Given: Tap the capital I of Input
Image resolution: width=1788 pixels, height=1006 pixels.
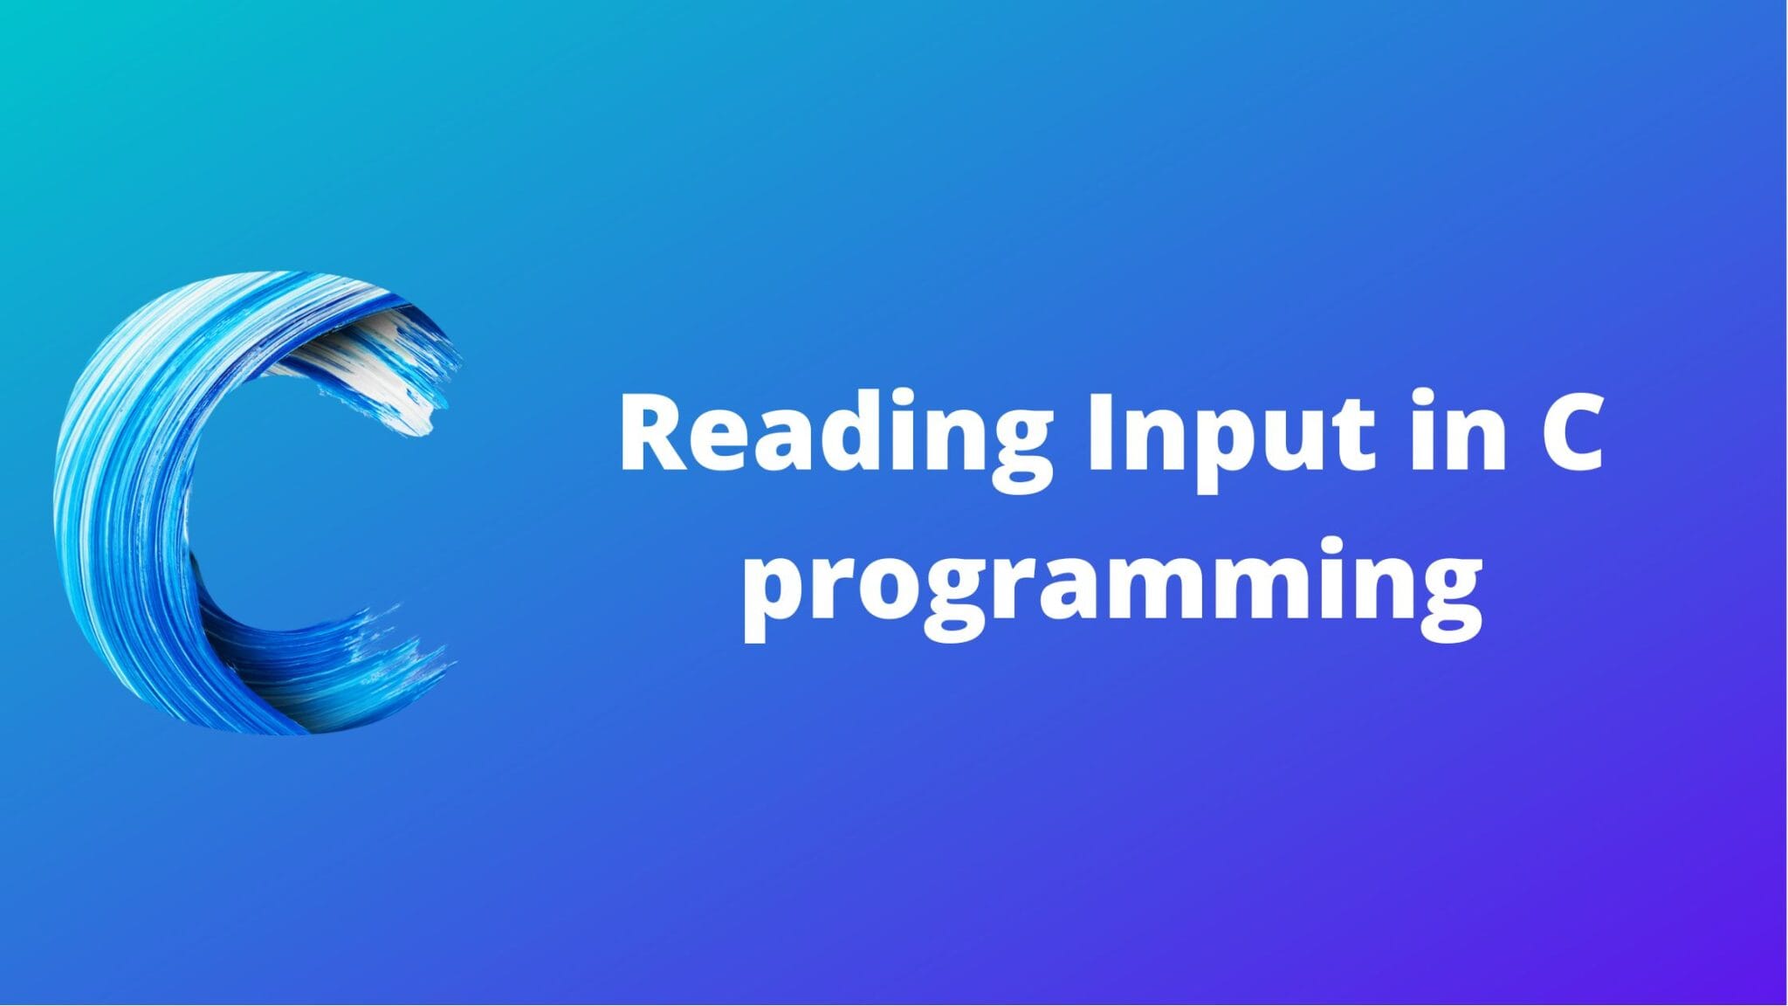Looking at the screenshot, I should click(1099, 432).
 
